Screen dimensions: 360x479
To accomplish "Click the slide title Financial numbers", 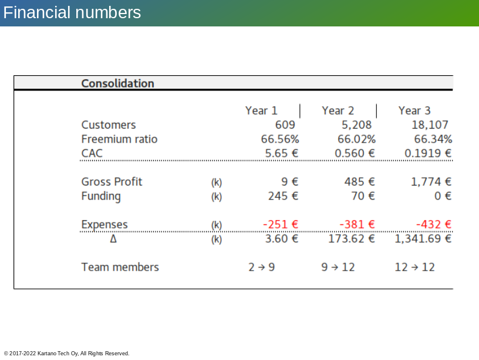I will click(72, 12).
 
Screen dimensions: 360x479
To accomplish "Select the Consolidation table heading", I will click(117, 83).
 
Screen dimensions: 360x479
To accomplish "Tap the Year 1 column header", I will click(261, 110).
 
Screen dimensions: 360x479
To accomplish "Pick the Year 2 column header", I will click(338, 110).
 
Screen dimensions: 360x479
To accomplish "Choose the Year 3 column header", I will click(414, 110).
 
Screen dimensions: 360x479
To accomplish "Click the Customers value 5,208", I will click(356, 125).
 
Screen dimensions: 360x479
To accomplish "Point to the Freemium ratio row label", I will click(119, 139).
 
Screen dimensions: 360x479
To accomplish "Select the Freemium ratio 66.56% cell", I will click(280, 139).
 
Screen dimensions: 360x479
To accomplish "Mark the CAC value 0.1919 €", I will click(428, 153).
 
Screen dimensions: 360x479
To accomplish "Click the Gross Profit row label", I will click(112, 182).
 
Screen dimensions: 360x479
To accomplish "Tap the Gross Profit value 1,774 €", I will click(431, 182).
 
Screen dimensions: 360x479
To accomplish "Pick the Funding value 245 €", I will click(283, 196).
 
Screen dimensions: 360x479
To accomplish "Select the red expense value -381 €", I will click(357, 224).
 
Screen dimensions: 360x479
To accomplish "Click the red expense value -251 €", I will click(281, 224).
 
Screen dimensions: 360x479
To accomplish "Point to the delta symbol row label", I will click(113, 239).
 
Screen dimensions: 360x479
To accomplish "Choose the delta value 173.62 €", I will click(351, 239).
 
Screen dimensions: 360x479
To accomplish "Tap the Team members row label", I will click(120, 267).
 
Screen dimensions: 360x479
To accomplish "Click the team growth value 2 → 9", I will click(262, 267).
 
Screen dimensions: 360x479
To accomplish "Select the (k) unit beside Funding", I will click(217, 197).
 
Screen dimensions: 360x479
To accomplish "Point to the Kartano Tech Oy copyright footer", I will click(66, 354).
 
